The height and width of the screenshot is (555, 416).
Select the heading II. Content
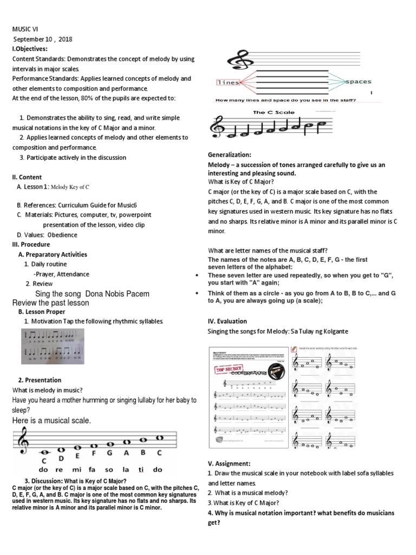(27, 177)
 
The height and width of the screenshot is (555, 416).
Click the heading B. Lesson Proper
(42, 312)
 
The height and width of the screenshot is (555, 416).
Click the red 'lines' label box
(227, 83)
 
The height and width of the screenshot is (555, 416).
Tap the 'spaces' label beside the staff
(359, 82)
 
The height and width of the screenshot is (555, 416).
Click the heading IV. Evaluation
(227, 321)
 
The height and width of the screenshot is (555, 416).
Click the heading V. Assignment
(229, 464)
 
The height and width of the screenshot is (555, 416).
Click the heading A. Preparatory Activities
(53, 254)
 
